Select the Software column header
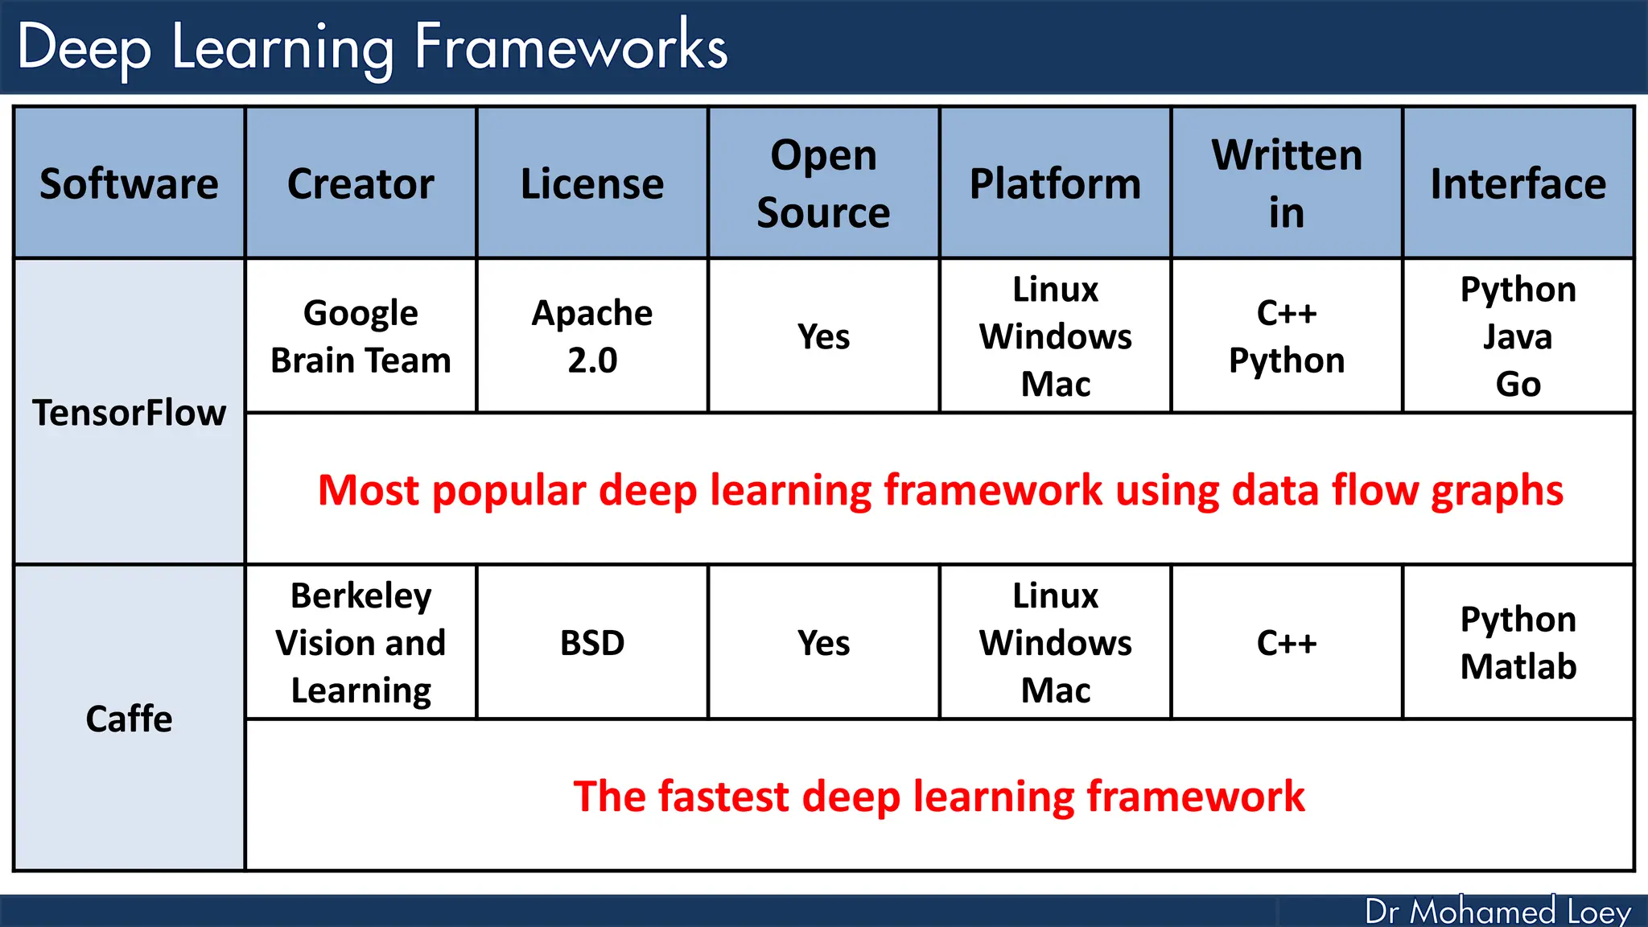(129, 183)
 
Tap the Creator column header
(360, 183)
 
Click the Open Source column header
(823, 183)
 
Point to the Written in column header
(1286, 183)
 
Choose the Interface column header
(1518, 183)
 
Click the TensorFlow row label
(129, 413)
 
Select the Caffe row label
(129, 719)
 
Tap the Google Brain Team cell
(360, 336)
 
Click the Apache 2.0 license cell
(592, 336)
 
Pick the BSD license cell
(592, 643)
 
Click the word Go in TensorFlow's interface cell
(1518, 384)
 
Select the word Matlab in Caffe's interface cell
(1518, 666)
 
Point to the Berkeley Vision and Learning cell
(360, 643)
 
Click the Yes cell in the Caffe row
(823, 643)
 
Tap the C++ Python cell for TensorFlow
(1286, 336)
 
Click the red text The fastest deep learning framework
(938, 796)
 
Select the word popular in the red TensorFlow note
(509, 491)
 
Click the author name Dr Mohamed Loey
(1497, 911)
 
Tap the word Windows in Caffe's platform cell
(1055, 643)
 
